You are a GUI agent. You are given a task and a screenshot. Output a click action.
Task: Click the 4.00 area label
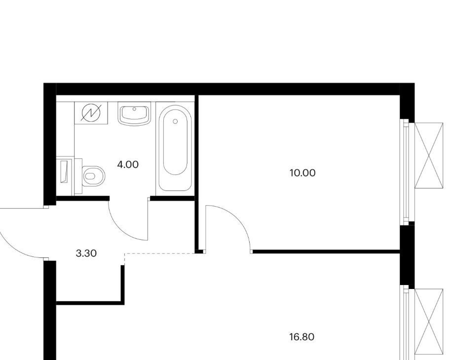[128, 165]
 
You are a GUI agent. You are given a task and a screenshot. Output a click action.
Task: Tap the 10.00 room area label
[302, 173]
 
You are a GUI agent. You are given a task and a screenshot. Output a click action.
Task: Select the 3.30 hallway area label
[86, 253]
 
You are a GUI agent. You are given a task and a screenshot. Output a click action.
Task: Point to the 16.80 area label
[301, 337]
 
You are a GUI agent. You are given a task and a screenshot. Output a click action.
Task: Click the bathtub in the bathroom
[175, 148]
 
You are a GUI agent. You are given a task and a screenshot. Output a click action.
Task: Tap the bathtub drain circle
[176, 122]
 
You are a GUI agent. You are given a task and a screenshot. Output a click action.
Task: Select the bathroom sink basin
[134, 113]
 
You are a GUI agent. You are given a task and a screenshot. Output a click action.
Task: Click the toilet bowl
[93, 176]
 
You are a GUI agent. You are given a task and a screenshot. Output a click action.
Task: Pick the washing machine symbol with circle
[91, 113]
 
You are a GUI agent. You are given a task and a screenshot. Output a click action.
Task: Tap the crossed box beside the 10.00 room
[429, 155]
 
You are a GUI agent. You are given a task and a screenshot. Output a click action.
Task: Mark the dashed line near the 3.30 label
[160, 253]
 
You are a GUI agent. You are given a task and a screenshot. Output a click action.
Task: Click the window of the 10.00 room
[406, 172]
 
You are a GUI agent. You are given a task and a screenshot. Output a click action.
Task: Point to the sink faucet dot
[134, 109]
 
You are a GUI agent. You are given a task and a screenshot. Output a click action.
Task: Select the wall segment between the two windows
[407, 255]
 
